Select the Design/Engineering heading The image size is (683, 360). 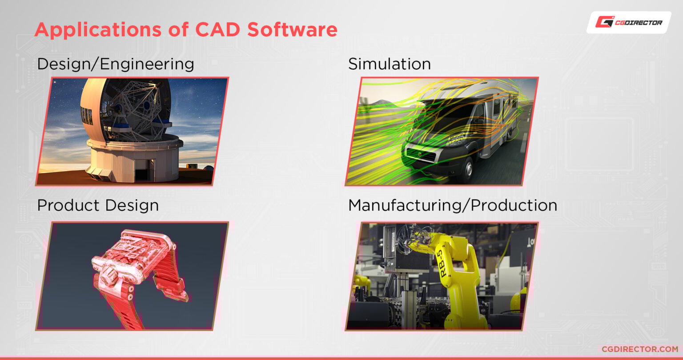(x=116, y=64)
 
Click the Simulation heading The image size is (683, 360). (x=390, y=64)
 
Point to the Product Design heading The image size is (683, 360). (x=98, y=206)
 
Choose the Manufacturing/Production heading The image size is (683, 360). (x=453, y=206)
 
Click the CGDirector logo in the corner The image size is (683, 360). (x=629, y=22)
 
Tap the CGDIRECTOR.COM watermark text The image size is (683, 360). (x=639, y=349)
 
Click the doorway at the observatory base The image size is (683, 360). (x=141, y=174)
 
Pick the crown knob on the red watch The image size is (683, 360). (x=108, y=278)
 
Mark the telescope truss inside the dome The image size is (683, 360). (x=133, y=107)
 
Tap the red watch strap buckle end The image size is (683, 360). (x=178, y=293)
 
